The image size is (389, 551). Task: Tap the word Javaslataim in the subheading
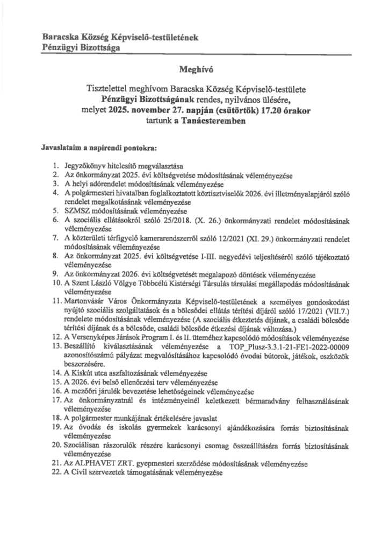tap(59, 147)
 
